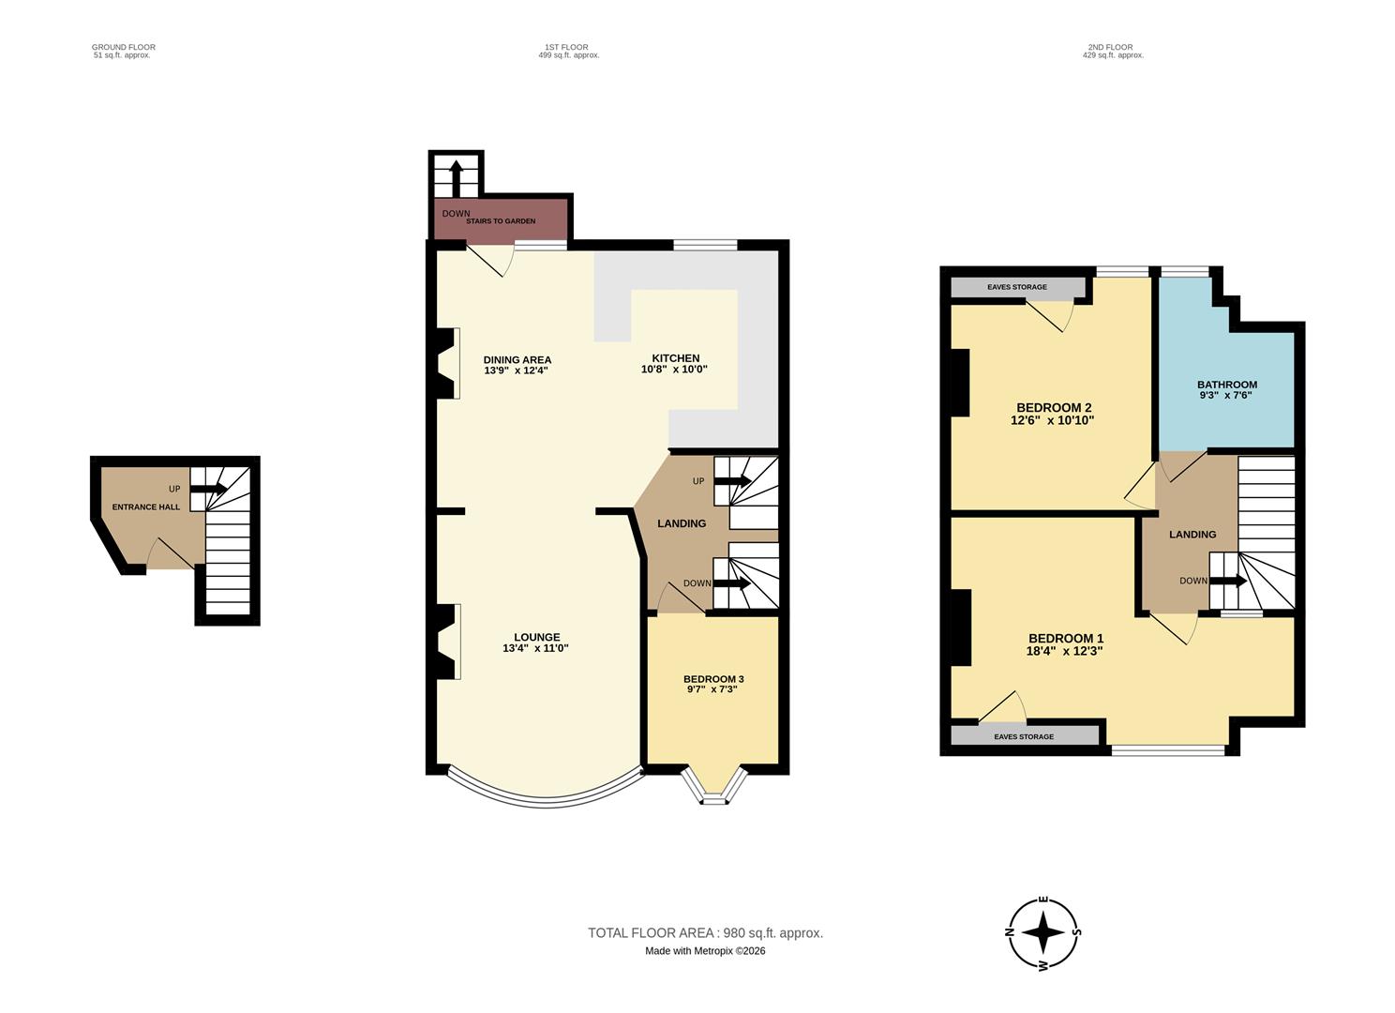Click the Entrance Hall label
(x=145, y=507)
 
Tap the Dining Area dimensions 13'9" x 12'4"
(x=516, y=370)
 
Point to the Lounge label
(x=536, y=638)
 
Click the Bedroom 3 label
(x=713, y=679)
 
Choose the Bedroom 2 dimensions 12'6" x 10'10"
(x=1052, y=420)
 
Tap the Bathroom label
(x=1226, y=385)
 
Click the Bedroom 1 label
(x=1065, y=639)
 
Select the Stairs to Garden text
(x=501, y=221)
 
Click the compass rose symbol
(x=1042, y=933)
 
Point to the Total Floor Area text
(x=705, y=933)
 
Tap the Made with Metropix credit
(x=705, y=951)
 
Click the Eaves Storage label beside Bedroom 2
(x=1016, y=287)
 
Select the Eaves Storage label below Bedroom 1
(x=1023, y=737)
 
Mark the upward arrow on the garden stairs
(x=456, y=175)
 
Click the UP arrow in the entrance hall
(x=208, y=489)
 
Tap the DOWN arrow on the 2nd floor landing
(x=1227, y=581)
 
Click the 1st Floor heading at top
(x=566, y=47)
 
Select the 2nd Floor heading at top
(x=1110, y=47)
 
